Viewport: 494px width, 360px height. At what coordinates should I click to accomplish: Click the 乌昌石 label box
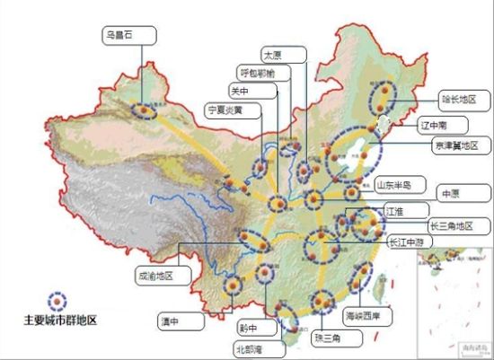click(x=128, y=36)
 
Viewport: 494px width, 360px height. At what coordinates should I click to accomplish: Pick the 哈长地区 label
click(x=458, y=98)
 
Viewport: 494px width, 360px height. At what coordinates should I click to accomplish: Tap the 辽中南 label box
click(x=437, y=123)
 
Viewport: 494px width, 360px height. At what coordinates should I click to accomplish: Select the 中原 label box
click(x=450, y=192)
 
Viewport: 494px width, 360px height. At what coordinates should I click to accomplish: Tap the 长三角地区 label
click(x=455, y=225)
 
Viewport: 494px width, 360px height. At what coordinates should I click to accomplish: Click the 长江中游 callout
click(x=407, y=241)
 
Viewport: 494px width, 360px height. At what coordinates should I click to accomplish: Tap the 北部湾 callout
click(x=248, y=347)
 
